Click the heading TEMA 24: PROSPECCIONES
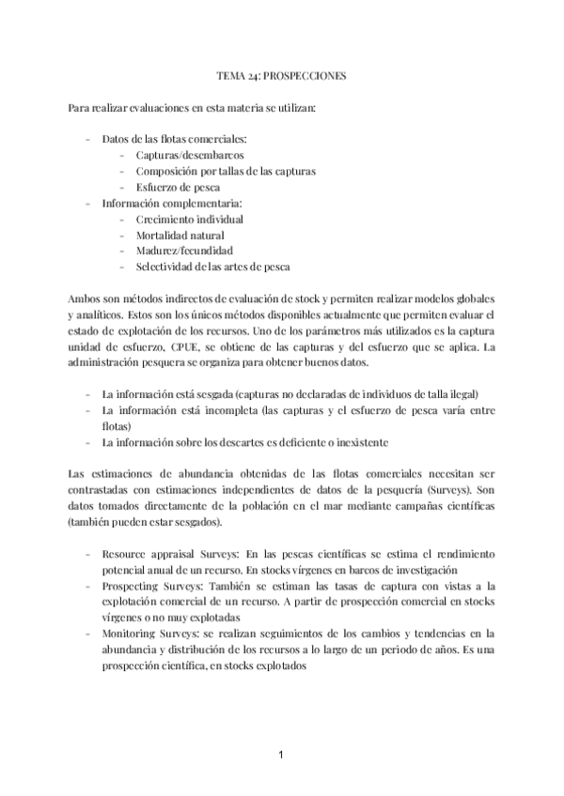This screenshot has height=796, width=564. [282, 75]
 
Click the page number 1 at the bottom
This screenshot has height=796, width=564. [281, 754]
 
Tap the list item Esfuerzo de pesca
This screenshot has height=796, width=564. [178, 187]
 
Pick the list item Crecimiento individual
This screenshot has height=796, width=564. [190, 219]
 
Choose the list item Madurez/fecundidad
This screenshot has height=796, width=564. [184, 251]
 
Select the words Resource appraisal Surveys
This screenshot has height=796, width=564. [159, 555]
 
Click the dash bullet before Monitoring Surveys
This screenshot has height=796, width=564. [87, 635]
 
